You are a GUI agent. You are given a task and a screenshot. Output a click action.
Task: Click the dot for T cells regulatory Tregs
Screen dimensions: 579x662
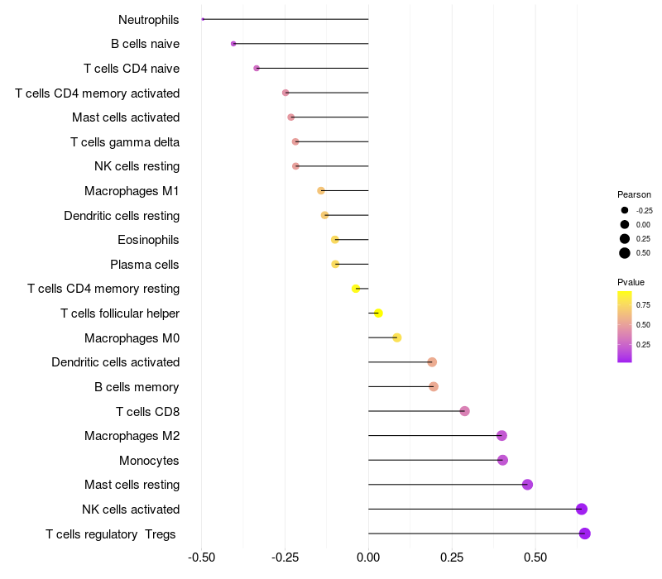tap(584, 534)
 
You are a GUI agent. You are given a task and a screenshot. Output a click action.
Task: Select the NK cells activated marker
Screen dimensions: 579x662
tap(582, 509)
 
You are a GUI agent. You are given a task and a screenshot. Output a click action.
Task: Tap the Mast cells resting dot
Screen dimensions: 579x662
tap(527, 485)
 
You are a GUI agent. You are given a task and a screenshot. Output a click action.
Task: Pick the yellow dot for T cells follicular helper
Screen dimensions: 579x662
tap(378, 313)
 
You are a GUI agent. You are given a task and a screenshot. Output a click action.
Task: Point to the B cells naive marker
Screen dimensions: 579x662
tap(233, 44)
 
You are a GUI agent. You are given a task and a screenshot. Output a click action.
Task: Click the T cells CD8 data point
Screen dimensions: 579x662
tap(464, 411)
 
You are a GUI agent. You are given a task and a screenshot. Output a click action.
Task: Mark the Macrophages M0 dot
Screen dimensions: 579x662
tap(397, 337)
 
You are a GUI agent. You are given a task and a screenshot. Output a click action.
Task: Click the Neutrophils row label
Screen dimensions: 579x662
tap(149, 19)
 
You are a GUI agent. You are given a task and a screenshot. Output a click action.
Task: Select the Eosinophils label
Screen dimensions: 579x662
tap(149, 240)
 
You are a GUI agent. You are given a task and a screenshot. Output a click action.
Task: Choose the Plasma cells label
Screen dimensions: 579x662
tap(145, 265)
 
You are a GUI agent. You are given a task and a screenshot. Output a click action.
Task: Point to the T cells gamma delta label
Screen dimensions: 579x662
tap(125, 142)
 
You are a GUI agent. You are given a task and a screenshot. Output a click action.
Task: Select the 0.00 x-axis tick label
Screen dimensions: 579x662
tap(368, 558)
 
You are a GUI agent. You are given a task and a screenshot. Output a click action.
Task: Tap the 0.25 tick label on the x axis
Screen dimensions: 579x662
tap(452, 558)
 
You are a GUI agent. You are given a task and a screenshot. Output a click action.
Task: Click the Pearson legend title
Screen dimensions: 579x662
tap(634, 194)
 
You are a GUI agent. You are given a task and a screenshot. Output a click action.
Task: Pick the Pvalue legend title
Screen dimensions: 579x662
tap(631, 282)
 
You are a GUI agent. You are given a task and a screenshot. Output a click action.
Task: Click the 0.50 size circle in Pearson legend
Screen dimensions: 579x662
tap(625, 253)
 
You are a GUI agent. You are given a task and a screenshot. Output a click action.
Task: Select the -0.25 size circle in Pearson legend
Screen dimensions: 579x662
tap(625, 210)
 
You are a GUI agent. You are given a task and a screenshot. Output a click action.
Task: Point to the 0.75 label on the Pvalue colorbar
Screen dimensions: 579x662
tap(643, 304)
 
